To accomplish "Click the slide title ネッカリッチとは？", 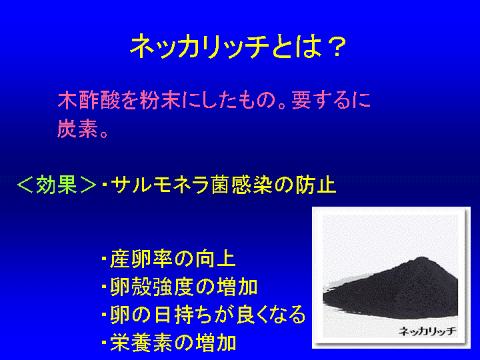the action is (x=238, y=47).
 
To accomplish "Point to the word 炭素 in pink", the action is (x=78, y=128).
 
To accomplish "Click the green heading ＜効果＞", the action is (x=57, y=185).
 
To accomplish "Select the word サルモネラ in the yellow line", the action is (x=160, y=185).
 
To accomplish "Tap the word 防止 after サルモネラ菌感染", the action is (x=315, y=185).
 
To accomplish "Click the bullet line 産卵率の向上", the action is (x=169, y=259).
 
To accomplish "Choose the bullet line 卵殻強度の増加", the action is (x=179, y=287).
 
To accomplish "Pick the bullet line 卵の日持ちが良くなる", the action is (x=203, y=315).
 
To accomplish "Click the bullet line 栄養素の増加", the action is (x=169, y=342).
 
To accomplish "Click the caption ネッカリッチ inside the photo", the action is (x=427, y=331).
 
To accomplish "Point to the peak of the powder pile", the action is (x=423, y=258).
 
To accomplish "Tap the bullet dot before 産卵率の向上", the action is (x=105, y=259).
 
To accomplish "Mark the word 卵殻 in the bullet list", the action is (x=131, y=287).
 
